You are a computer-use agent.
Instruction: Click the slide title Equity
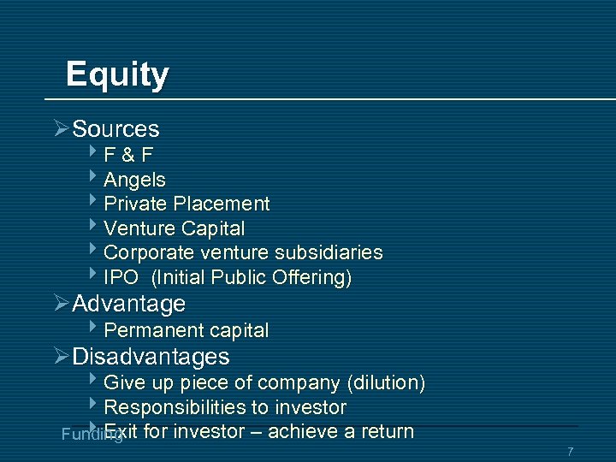117,74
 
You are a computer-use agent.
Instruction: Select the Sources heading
115,129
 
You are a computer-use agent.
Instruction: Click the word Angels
134,180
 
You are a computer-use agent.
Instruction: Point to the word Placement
221,204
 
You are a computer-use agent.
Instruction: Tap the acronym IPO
121,277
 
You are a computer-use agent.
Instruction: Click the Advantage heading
128,304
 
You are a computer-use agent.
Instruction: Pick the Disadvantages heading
151,356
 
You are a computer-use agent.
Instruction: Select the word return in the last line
387,431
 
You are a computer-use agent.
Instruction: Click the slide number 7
570,451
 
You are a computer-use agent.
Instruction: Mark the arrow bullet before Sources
61,129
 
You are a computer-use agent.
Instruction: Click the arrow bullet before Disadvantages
61,356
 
